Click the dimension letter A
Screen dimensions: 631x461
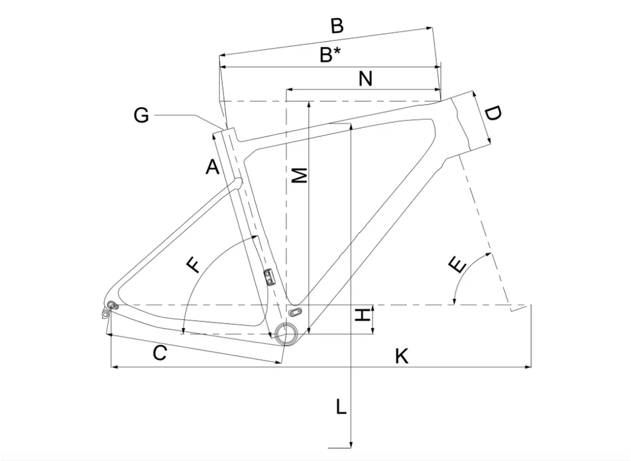click(212, 167)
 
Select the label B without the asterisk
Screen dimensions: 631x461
click(337, 26)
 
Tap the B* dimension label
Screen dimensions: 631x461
click(330, 54)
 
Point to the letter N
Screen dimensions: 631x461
click(365, 79)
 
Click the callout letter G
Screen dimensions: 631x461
click(141, 115)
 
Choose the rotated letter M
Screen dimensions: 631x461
click(300, 175)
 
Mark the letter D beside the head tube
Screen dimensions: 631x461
click(492, 114)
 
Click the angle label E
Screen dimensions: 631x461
click(457, 266)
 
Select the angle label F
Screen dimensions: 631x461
click(193, 265)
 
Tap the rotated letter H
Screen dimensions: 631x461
click(363, 315)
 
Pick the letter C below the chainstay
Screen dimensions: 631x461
click(160, 354)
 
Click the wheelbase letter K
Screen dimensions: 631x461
click(401, 356)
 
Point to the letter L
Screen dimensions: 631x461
click(341, 407)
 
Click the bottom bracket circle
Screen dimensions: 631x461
click(285, 333)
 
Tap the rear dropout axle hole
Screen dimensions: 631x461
click(112, 304)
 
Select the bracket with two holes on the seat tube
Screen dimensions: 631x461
click(268, 277)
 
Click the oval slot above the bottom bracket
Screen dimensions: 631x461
click(295, 311)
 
